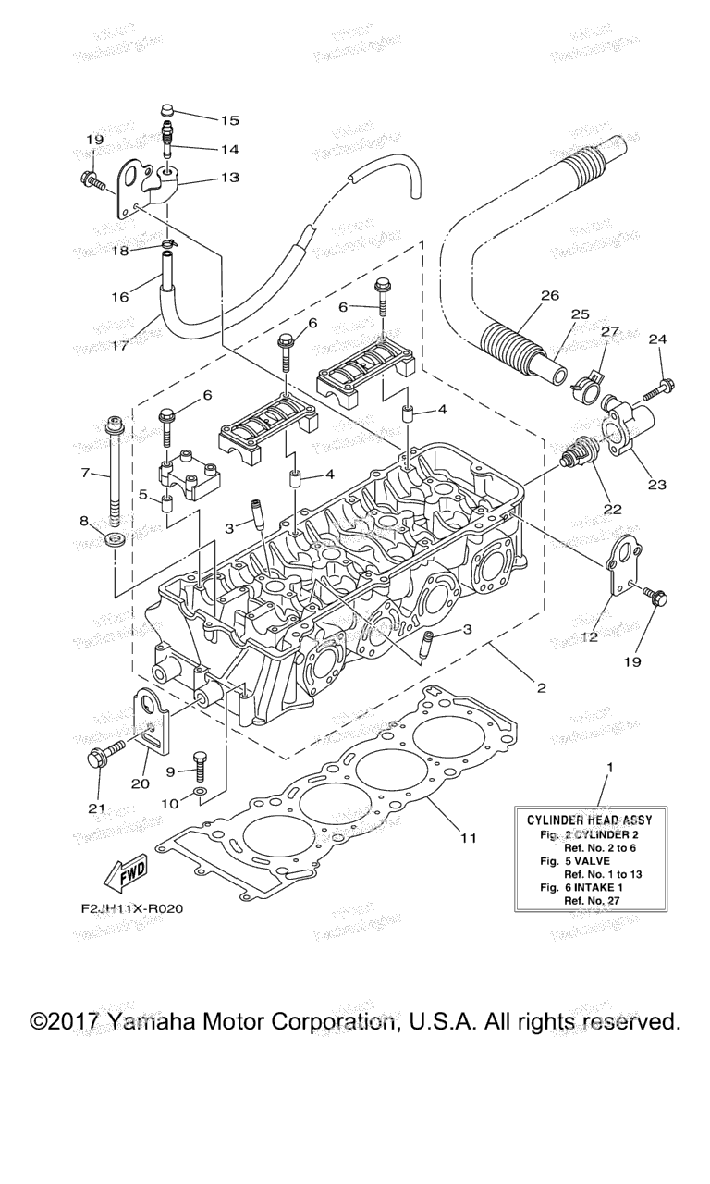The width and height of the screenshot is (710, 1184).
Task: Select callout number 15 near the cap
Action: point(229,120)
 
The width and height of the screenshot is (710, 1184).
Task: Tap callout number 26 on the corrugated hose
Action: point(550,297)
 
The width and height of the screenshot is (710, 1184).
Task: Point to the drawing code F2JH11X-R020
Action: point(131,908)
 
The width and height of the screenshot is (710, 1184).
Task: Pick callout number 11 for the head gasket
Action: point(468,838)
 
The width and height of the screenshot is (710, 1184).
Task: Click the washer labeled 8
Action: point(116,538)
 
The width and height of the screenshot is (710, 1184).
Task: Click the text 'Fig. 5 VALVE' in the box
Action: point(577,859)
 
